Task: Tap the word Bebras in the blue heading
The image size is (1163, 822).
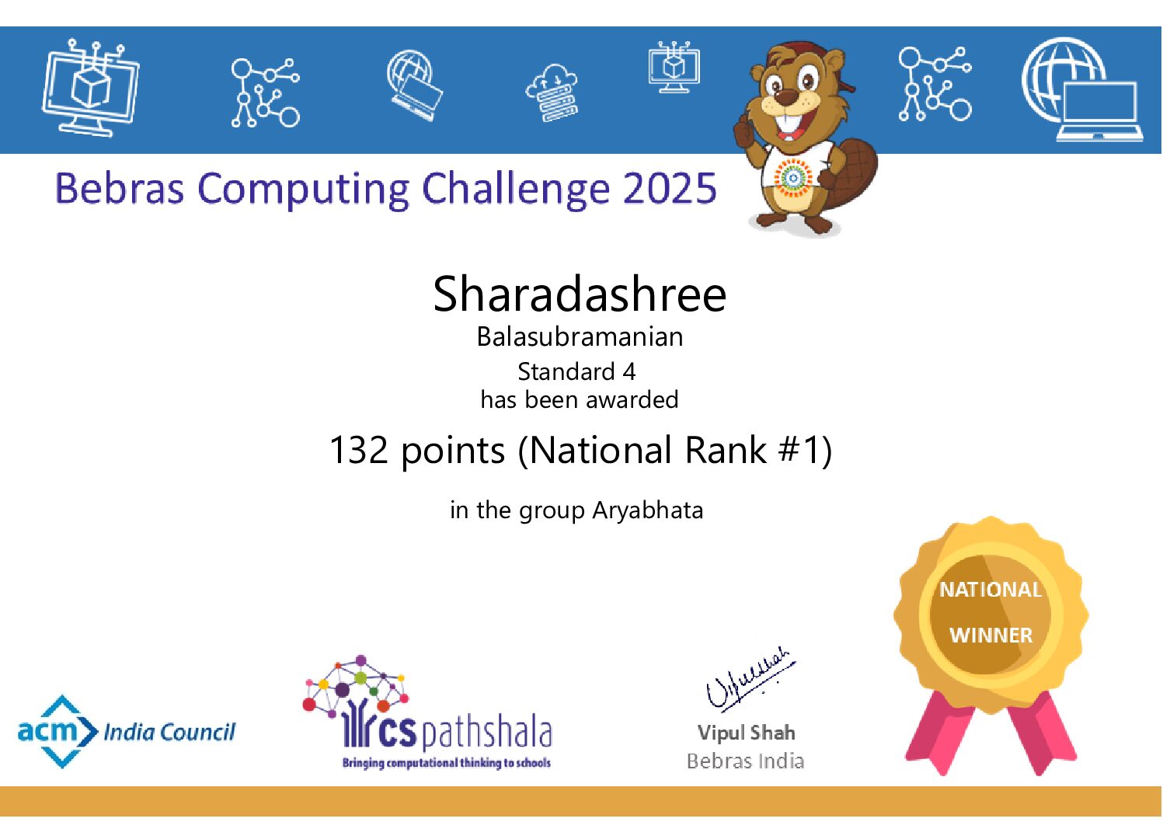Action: click(x=119, y=189)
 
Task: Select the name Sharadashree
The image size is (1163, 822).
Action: click(x=580, y=294)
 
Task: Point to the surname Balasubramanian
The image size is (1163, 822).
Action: click(x=580, y=337)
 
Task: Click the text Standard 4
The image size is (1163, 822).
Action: click(x=576, y=372)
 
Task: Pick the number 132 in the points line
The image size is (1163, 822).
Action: click(x=358, y=451)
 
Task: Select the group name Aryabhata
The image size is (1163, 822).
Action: click(x=647, y=510)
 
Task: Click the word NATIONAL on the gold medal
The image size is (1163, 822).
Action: click(x=991, y=590)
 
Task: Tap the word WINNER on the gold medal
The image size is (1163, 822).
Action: click(x=991, y=636)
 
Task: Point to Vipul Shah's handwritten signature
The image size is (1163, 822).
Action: click(x=746, y=678)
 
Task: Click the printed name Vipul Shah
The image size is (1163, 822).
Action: click(x=746, y=733)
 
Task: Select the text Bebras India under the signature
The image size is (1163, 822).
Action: click(x=745, y=761)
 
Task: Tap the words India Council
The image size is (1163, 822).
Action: click(x=169, y=732)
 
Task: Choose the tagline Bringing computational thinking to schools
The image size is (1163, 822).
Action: click(x=446, y=763)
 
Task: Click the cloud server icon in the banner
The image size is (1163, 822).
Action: click(x=552, y=93)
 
